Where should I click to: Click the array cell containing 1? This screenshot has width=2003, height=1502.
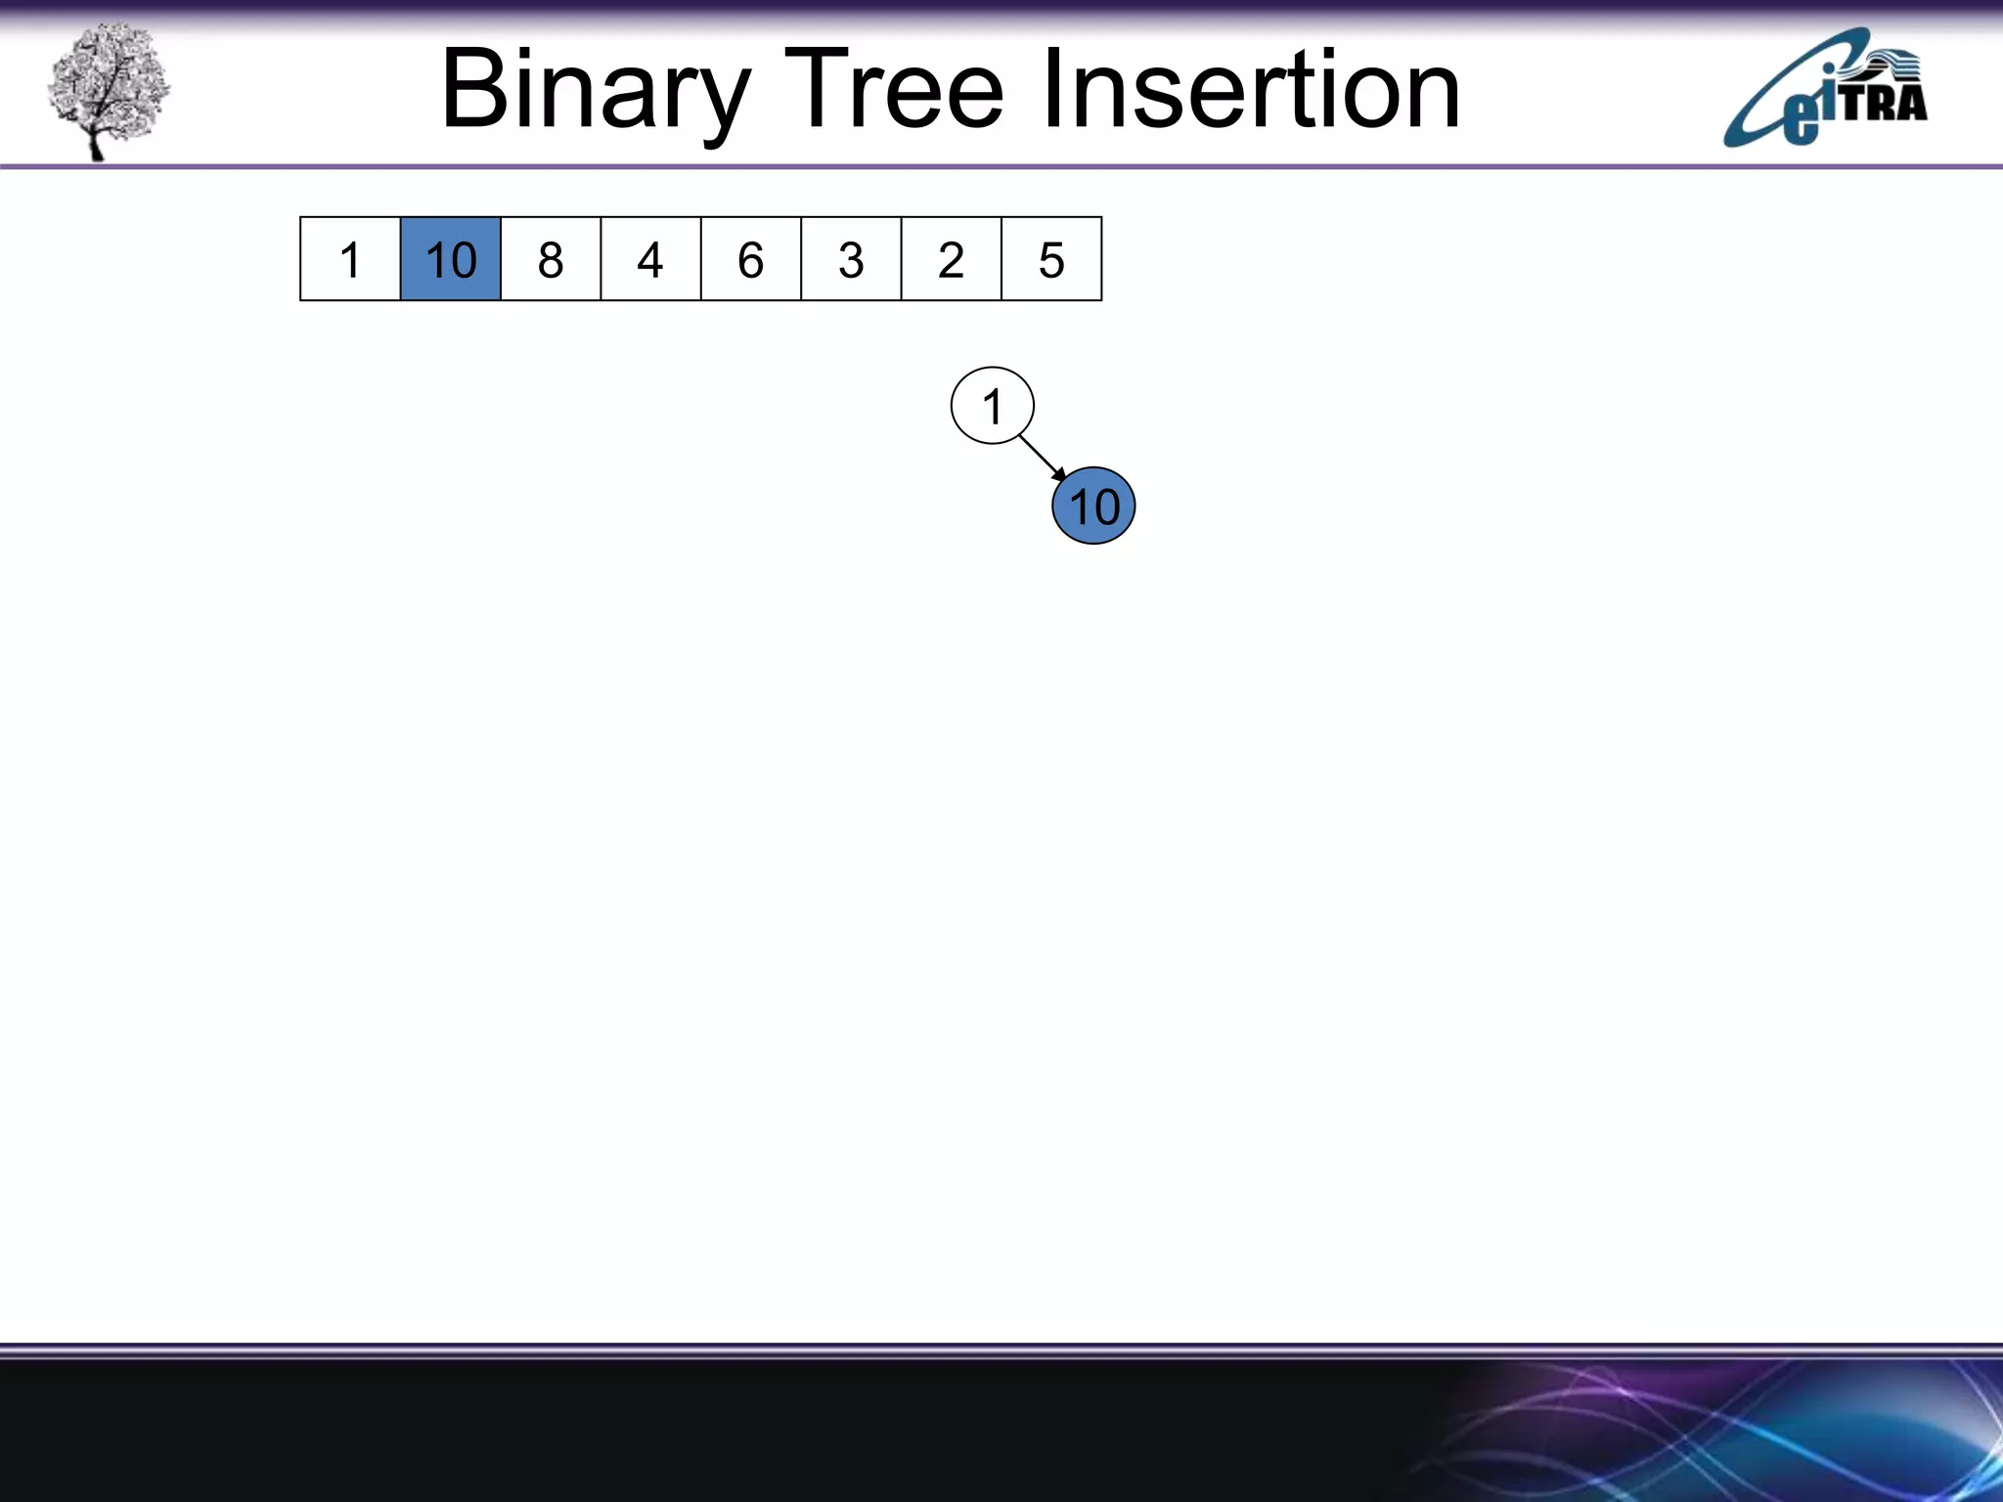pos(350,259)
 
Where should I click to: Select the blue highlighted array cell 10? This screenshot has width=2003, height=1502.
pos(451,259)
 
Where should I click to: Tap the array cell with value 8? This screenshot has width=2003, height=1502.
pos(551,259)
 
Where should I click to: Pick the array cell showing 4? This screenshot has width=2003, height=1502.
pos(650,259)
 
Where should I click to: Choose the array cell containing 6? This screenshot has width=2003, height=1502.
pos(751,259)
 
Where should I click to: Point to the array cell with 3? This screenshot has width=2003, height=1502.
pos(851,259)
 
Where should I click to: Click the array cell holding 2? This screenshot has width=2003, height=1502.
pos(951,259)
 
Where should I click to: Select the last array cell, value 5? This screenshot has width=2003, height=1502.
pos(1051,259)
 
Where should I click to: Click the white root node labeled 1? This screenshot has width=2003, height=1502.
pos(992,406)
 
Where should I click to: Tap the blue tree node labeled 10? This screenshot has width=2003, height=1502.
pos(1093,507)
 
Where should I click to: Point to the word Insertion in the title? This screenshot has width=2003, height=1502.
pos(1251,91)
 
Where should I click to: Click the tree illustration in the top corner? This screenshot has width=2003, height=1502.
pos(108,90)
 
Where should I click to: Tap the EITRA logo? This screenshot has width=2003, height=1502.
pos(1825,88)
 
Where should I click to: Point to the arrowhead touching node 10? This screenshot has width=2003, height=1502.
pos(1060,474)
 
